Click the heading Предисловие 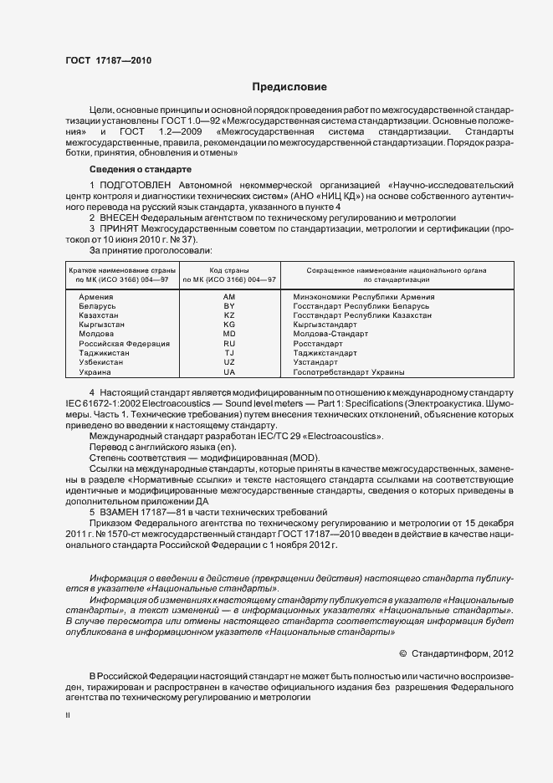[284, 87]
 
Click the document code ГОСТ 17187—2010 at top [108, 60]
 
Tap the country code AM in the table [229, 298]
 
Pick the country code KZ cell [229, 316]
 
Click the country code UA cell [229, 372]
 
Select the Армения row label [96, 298]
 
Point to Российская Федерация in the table [124, 344]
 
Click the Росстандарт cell [318, 344]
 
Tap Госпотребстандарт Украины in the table [349, 372]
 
